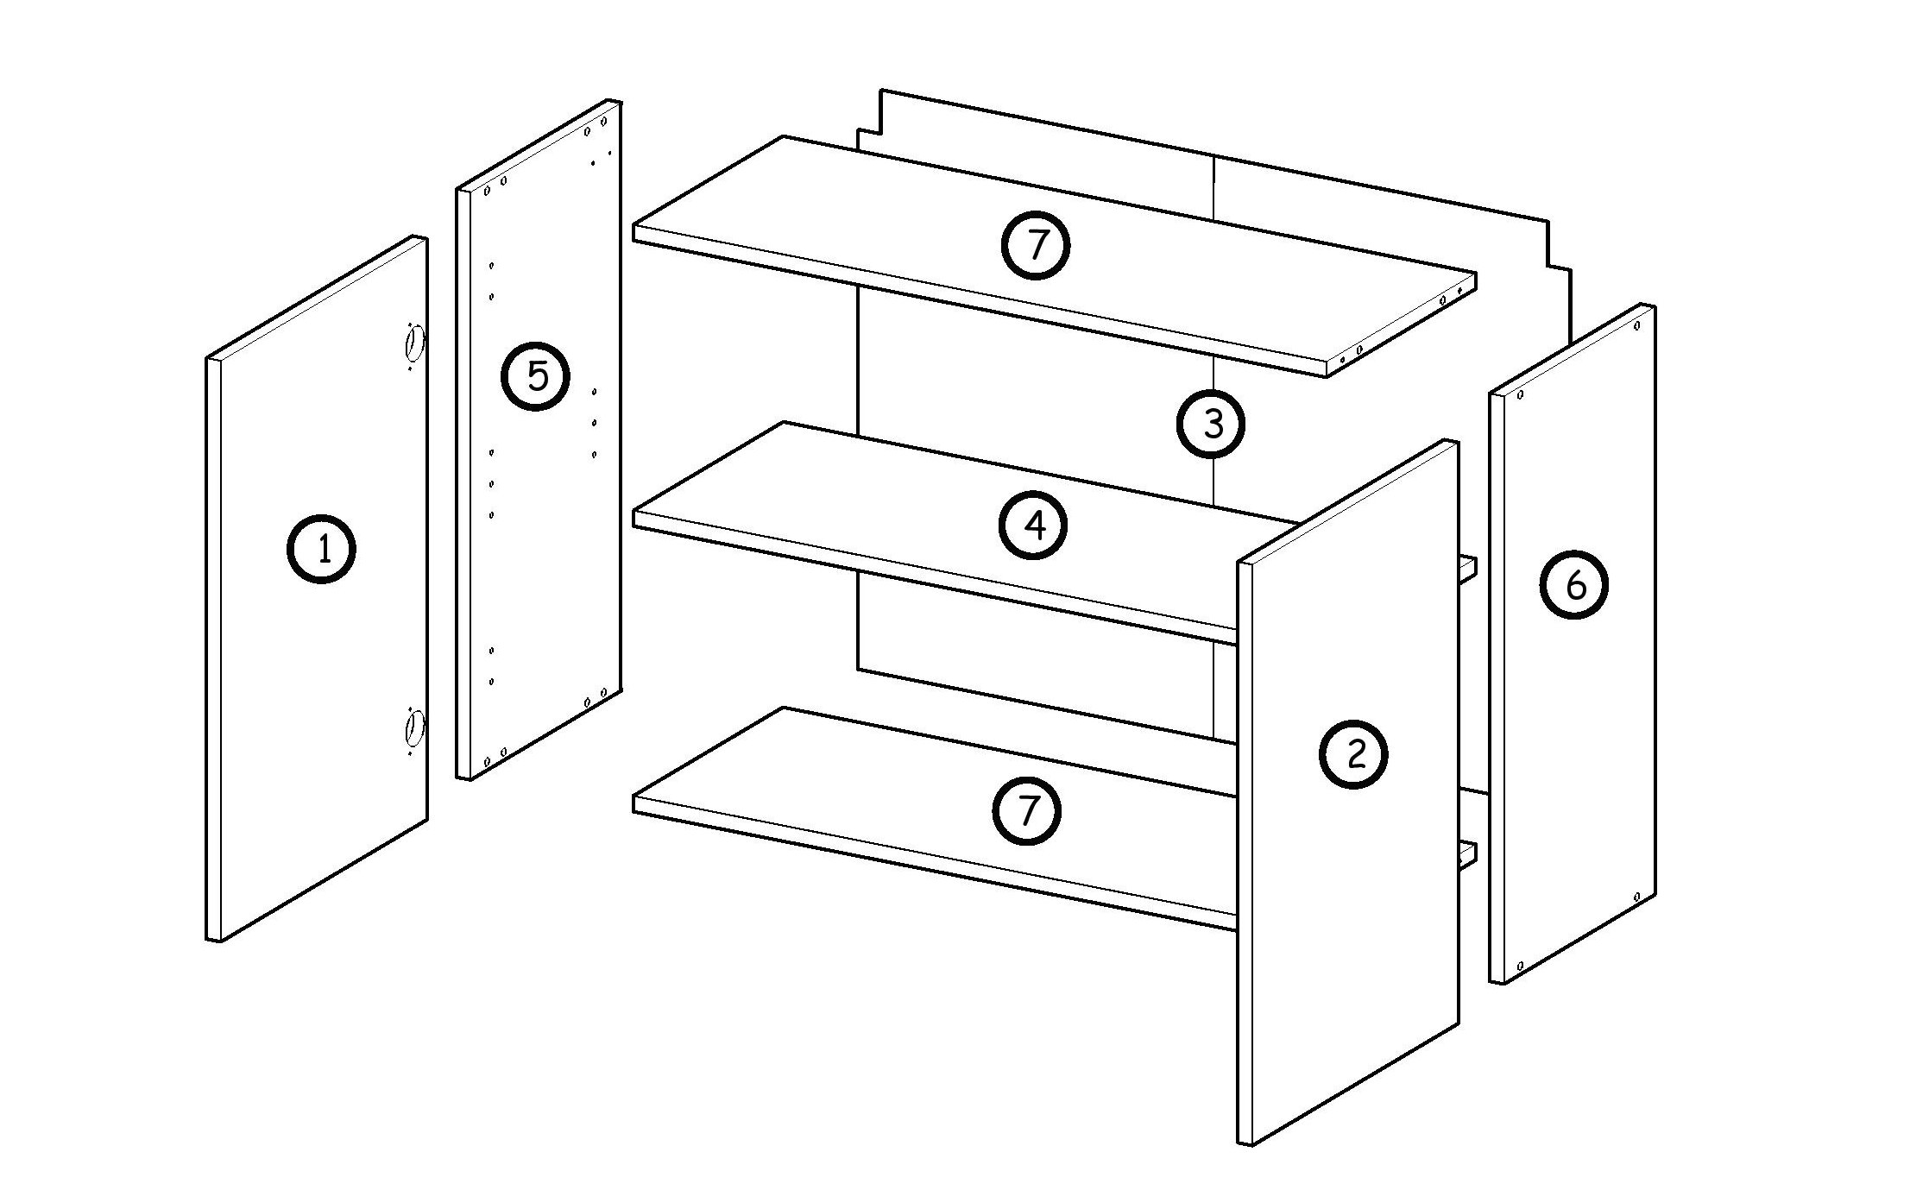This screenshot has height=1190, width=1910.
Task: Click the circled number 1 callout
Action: click(321, 548)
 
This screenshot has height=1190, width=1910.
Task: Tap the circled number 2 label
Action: click(1353, 753)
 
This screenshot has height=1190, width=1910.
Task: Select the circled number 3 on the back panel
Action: click(1212, 423)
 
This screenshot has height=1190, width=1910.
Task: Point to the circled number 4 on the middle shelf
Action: click(1033, 525)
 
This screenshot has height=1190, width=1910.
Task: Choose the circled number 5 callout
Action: click(536, 375)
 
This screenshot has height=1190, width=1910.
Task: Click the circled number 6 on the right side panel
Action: click(1574, 585)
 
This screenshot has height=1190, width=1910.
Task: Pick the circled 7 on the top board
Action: click(1035, 245)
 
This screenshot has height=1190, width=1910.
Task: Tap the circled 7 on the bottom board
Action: click(1026, 810)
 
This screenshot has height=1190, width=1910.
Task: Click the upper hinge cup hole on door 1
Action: click(414, 343)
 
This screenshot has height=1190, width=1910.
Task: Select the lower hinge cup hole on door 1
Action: click(414, 727)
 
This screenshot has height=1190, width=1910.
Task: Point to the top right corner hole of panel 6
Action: click(1636, 326)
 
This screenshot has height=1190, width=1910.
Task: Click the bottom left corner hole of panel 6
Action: click(1520, 966)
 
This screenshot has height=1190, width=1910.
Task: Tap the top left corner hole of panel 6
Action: click(1520, 395)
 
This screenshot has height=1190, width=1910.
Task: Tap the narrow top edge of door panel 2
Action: click(1348, 502)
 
